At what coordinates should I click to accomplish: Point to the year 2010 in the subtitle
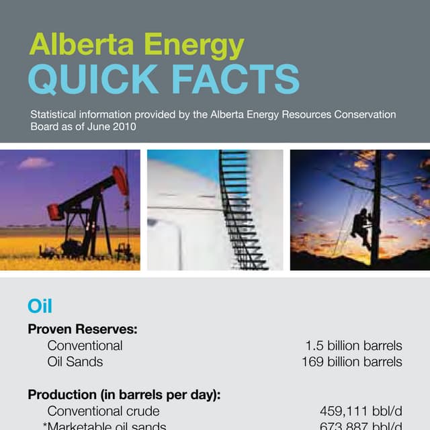click(x=125, y=126)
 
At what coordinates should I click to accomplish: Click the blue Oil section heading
click(x=40, y=306)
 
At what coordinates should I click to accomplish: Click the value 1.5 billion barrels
click(x=353, y=346)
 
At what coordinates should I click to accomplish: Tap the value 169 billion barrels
click(x=351, y=362)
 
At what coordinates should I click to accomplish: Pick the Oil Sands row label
click(x=75, y=362)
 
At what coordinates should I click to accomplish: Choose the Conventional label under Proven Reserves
click(x=85, y=346)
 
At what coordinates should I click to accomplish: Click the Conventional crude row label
click(x=103, y=411)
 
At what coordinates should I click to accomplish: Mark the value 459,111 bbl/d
click(x=361, y=411)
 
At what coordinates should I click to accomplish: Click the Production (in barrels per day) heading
click(x=124, y=394)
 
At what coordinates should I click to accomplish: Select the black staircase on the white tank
click(x=240, y=208)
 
